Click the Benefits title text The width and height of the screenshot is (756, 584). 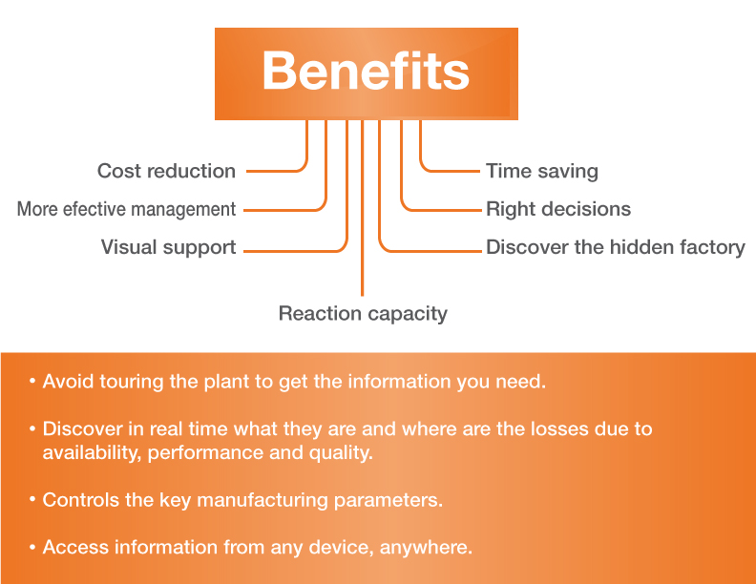[x=366, y=73]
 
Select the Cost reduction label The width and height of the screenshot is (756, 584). [x=166, y=172]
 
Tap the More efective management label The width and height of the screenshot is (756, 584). [x=126, y=209]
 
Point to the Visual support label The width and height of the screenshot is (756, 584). [x=168, y=247]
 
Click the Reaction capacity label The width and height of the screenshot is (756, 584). [x=363, y=313]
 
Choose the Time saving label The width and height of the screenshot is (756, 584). [x=542, y=172]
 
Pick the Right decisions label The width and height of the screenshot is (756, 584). [x=558, y=209]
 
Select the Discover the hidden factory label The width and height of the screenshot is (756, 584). [x=616, y=247]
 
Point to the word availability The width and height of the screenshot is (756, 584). [x=91, y=452]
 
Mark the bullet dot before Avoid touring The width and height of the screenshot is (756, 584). [x=32, y=382]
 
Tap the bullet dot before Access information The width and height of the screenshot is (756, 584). [x=32, y=548]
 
